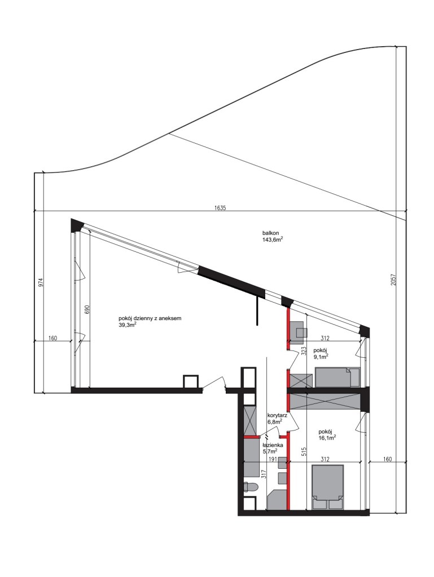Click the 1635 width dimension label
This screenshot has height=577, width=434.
pos(220,207)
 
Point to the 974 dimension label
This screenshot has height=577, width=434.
pos(42,283)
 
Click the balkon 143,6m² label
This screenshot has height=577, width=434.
pos(273,236)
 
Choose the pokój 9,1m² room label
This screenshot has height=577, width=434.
pos(321,353)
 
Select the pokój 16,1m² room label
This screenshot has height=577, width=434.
pos(327,434)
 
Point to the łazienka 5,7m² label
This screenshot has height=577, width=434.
pos(270,447)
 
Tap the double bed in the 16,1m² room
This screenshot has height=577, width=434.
pos(327,487)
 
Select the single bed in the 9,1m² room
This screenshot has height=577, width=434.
pos(337,377)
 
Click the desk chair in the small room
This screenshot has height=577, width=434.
pos(301,332)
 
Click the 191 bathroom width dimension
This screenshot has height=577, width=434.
pos(273,459)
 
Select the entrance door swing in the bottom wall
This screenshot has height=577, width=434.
pos(214,383)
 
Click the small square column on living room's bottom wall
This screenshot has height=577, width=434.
pos(190,381)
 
